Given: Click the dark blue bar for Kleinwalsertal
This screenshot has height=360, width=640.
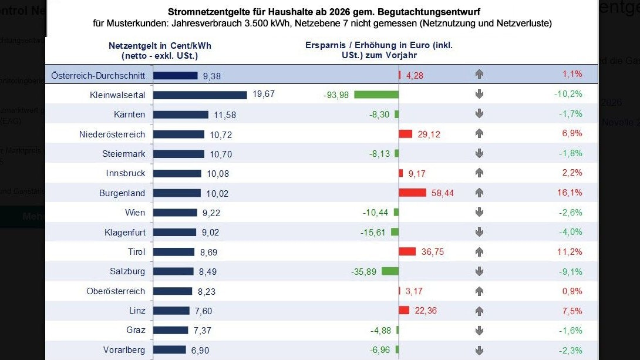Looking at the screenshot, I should click(200, 95).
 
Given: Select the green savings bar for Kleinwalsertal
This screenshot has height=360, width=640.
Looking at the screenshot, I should click(376, 95).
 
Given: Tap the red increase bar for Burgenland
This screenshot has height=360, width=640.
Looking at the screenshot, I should click(412, 193).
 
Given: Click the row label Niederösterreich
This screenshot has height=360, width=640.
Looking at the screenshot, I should click(112, 134).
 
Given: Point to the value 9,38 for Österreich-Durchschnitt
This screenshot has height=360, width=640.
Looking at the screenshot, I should click(211, 75).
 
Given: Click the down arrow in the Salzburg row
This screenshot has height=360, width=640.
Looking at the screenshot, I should click(479, 271).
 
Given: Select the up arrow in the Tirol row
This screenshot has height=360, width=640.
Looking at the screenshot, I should click(479, 251).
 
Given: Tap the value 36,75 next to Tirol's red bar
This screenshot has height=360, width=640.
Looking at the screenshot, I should click(433, 251).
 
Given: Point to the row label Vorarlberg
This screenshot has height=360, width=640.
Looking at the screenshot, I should click(124, 350).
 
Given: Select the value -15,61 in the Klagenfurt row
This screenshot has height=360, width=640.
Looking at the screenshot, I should click(373, 232).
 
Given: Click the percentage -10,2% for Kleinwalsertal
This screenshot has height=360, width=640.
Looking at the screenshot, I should click(568, 94).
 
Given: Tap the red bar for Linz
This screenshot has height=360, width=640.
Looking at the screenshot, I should click(404, 310).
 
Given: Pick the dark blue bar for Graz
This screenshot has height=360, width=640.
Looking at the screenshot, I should click(171, 330).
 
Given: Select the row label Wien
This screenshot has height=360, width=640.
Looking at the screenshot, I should click(135, 212).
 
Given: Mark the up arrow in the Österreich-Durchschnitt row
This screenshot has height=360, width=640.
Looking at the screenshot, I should click(479, 75).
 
